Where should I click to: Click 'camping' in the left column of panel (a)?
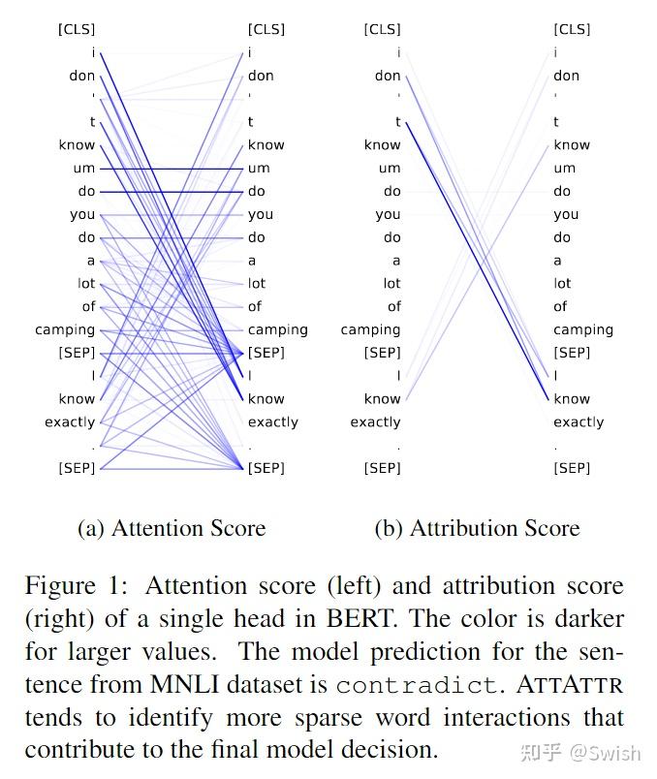coord(65,329)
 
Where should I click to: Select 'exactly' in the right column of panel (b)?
coord(579,422)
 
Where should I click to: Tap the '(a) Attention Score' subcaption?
coord(172,528)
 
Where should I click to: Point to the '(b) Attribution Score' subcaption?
coord(477,528)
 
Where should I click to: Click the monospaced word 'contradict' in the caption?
coord(415,685)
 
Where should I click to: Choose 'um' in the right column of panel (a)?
coord(259,169)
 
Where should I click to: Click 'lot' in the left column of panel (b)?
coord(391,284)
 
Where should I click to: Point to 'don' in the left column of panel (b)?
coord(388,76)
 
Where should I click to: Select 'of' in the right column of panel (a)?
coord(255,306)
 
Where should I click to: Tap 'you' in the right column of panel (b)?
coord(566,214)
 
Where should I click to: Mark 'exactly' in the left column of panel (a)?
coord(70,422)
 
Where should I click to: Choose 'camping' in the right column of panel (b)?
coord(583,329)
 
